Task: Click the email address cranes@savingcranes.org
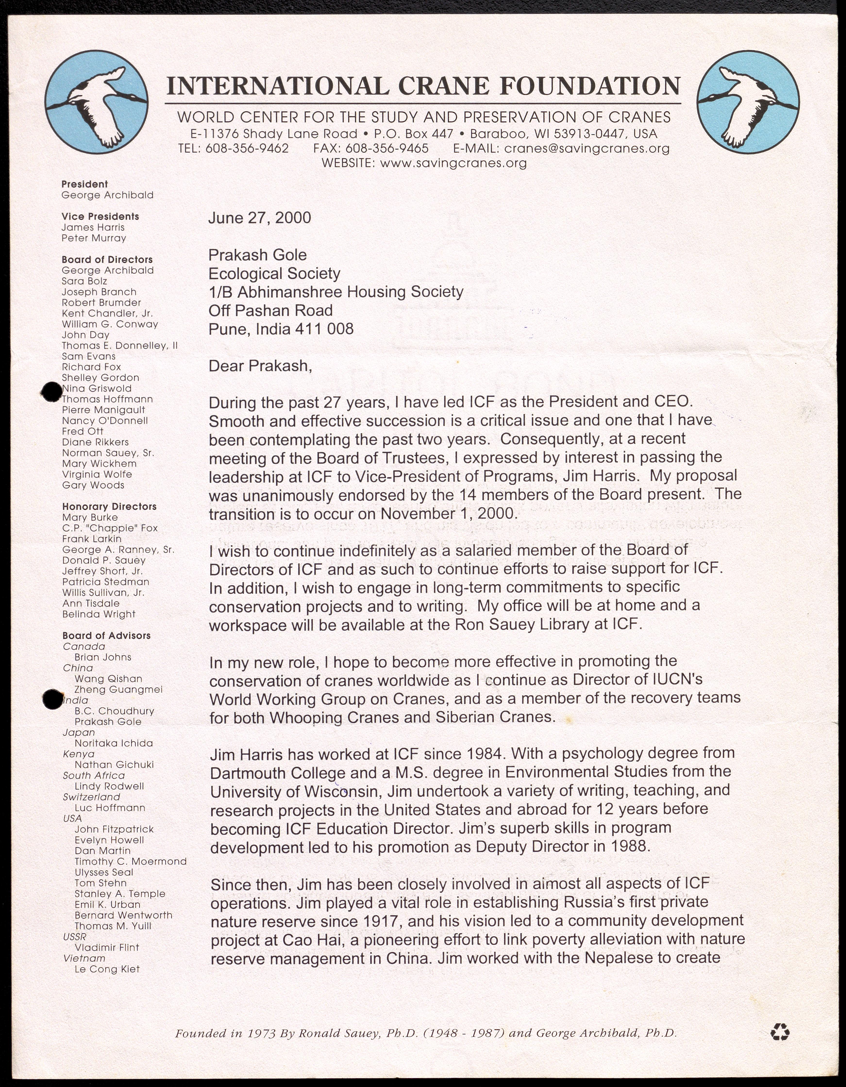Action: (586, 148)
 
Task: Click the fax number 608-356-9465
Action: (386, 148)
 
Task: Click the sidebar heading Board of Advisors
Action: (106, 636)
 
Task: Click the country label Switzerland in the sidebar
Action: (91, 797)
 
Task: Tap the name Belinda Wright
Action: (99, 614)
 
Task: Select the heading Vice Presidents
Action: (100, 216)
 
